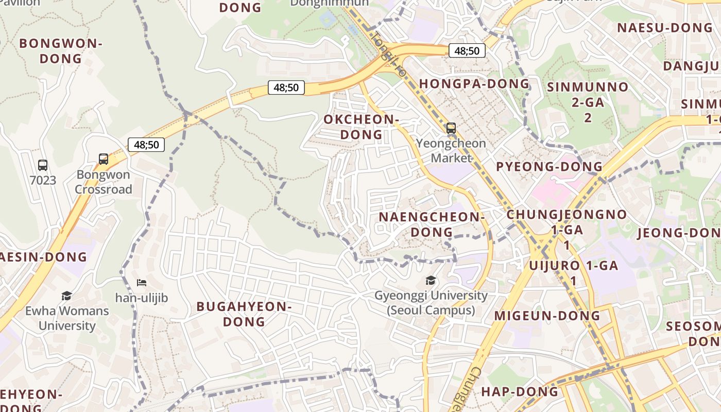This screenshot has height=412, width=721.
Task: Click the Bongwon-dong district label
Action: tap(61, 51)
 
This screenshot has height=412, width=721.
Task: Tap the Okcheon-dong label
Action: tap(361, 127)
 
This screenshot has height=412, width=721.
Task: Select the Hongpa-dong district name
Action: tap(474, 83)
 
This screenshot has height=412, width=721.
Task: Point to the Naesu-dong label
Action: tap(664, 28)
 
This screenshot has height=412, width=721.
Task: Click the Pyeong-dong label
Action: tap(549, 166)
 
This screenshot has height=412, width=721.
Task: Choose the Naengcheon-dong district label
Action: tap(432, 224)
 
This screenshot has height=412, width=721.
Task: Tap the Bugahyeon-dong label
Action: tap(244, 314)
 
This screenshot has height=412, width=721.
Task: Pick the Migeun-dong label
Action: tap(547, 315)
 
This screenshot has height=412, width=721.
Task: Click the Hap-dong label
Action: tap(519, 391)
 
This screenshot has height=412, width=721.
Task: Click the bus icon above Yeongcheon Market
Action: tap(451, 128)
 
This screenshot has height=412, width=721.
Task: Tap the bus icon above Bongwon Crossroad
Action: tap(104, 159)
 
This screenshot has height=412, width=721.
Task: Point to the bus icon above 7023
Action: tap(43, 165)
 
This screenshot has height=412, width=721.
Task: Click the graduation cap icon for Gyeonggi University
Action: tap(431, 280)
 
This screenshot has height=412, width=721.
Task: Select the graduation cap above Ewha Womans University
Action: tap(66, 296)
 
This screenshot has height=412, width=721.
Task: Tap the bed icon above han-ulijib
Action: tap(142, 282)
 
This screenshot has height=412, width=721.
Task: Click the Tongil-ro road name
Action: tap(387, 54)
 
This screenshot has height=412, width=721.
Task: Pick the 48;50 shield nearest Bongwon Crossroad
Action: tap(146, 145)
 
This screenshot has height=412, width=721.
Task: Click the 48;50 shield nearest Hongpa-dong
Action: tap(467, 50)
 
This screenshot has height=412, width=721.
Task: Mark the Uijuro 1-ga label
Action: tap(573, 266)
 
